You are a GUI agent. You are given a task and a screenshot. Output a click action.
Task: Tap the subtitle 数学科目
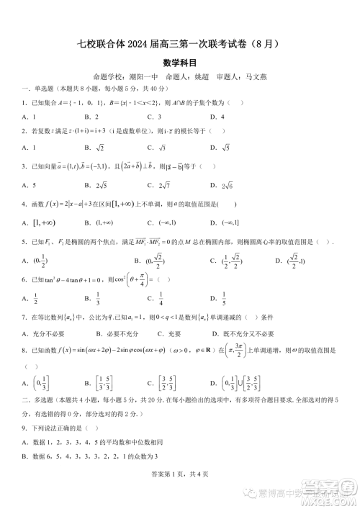(180, 62)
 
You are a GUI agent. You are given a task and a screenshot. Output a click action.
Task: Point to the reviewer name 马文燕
(256, 76)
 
